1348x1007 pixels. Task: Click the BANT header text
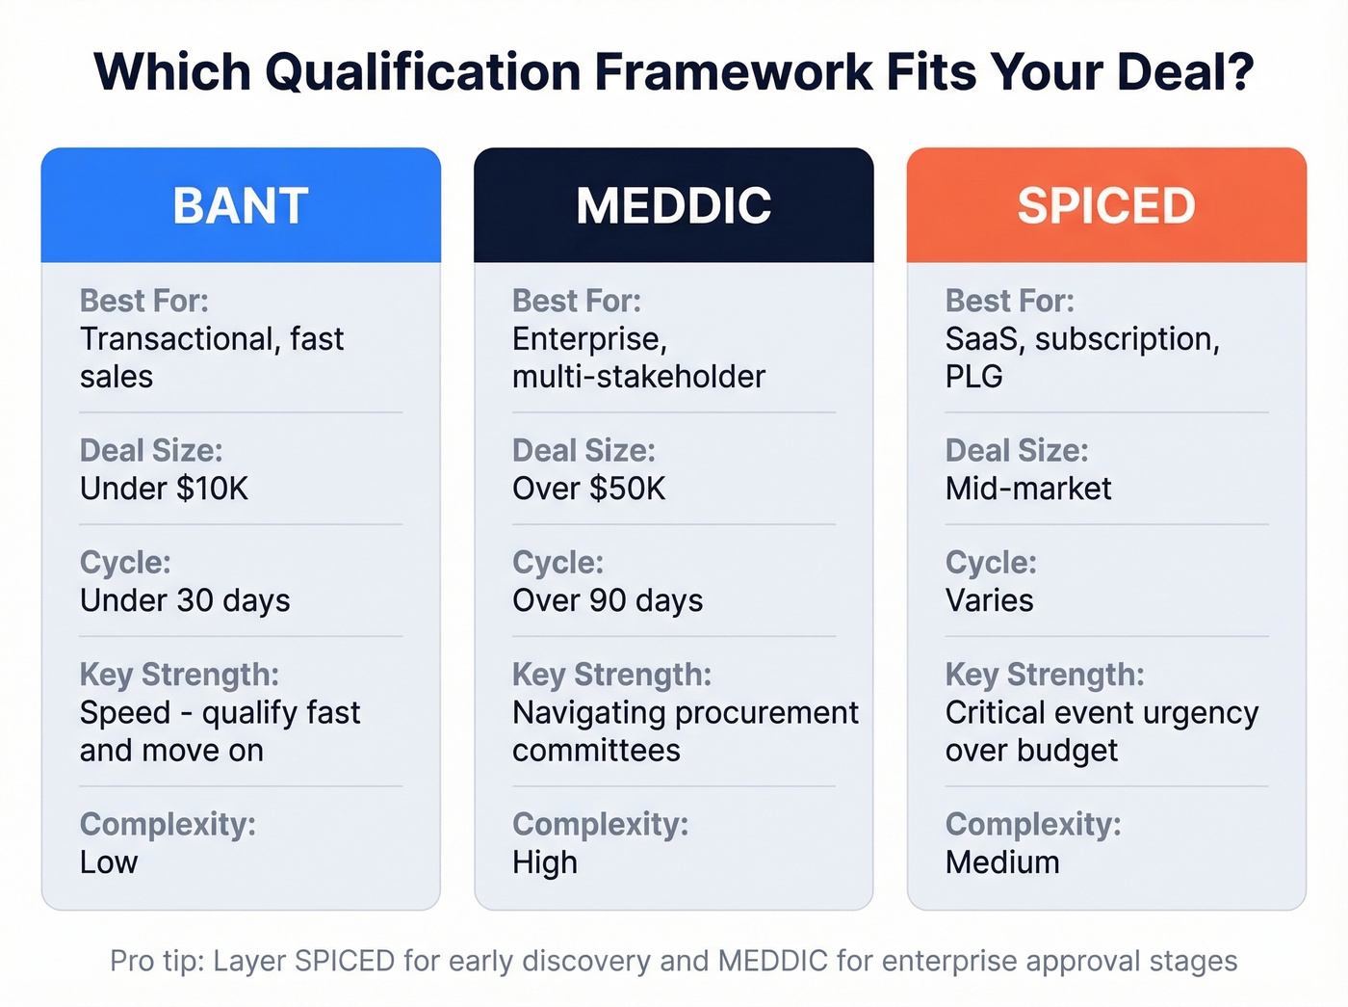pyautogui.click(x=241, y=205)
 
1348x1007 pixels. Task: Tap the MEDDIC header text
pyautogui.click(x=673, y=205)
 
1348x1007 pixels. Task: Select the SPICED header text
pyautogui.click(x=1106, y=205)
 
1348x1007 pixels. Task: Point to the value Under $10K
pyautogui.click(x=164, y=489)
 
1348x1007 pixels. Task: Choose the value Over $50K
pyautogui.click(x=588, y=489)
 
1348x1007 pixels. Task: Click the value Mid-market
pyautogui.click(x=1027, y=489)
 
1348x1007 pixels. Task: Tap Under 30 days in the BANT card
pyautogui.click(x=185, y=600)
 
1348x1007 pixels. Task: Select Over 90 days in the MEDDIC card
pyautogui.click(x=608, y=600)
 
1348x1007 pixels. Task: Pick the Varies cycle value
pyautogui.click(x=989, y=600)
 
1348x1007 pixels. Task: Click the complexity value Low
pyautogui.click(x=109, y=861)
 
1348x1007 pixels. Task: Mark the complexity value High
pyautogui.click(x=544, y=861)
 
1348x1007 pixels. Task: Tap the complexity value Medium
pyautogui.click(x=1001, y=861)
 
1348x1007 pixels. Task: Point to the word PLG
pyautogui.click(x=973, y=376)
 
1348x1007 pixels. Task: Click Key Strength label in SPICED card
pyautogui.click(x=1045, y=675)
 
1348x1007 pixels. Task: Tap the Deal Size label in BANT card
pyautogui.click(x=151, y=450)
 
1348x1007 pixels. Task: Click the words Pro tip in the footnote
pyautogui.click(x=156, y=961)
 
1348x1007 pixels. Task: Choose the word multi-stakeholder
pyautogui.click(x=638, y=376)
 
